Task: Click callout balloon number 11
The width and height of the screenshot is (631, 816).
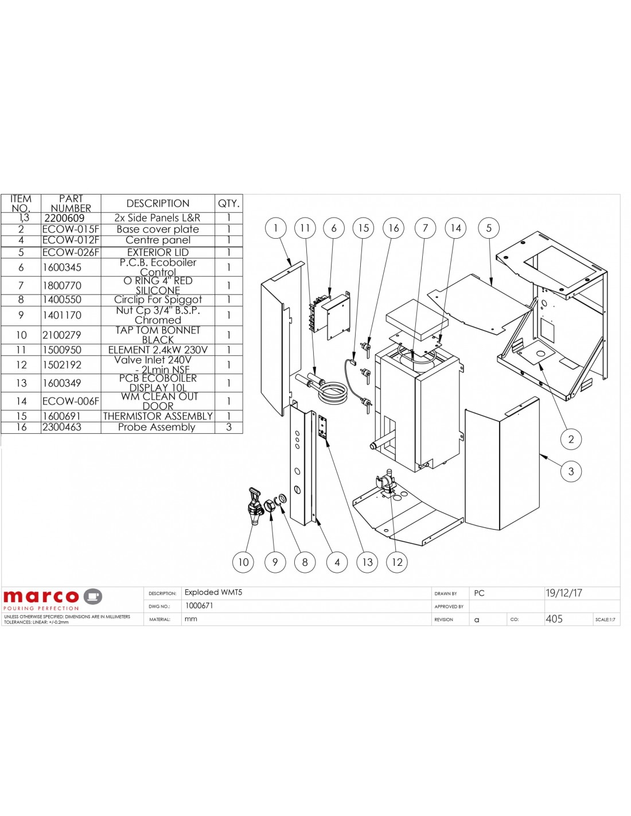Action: pyautogui.click(x=305, y=228)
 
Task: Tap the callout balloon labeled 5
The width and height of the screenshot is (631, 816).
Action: pyautogui.click(x=489, y=228)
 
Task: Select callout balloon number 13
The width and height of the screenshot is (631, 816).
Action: pyautogui.click(x=367, y=562)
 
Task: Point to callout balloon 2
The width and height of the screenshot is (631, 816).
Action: pyautogui.click(x=571, y=439)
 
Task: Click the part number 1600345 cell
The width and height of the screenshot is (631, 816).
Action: pyautogui.click(x=62, y=267)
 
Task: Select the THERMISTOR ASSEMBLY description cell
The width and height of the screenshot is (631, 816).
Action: pyautogui.click(x=158, y=416)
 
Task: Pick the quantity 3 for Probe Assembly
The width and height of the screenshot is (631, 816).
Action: pyautogui.click(x=229, y=427)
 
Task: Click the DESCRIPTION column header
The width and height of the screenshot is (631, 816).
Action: pyautogui.click(x=158, y=203)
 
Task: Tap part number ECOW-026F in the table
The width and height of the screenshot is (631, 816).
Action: pyautogui.click(x=71, y=252)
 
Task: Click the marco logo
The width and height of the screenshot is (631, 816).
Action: pyautogui.click(x=53, y=598)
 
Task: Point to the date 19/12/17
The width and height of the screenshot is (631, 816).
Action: pyautogui.click(x=563, y=593)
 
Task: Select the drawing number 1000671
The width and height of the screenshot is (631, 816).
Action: pyautogui.click(x=199, y=605)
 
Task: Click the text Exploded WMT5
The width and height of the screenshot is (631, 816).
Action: pyautogui.click(x=213, y=592)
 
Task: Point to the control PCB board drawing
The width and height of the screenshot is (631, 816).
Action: pyautogui.click(x=332, y=316)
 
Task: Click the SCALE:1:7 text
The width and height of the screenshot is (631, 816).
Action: pyautogui.click(x=605, y=620)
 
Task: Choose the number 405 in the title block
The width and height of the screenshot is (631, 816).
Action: pyautogui.click(x=554, y=619)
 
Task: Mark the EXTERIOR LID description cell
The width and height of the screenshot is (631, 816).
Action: pyautogui.click(x=158, y=252)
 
